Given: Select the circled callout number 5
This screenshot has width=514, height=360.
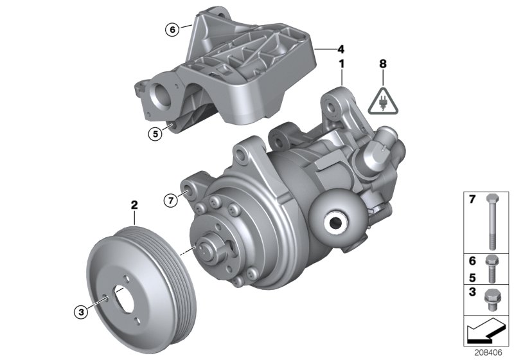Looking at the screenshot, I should pos(154,134).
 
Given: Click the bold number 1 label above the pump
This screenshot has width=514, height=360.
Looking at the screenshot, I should pos(342,64).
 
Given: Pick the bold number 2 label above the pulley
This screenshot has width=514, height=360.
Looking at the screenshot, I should pos(134,206).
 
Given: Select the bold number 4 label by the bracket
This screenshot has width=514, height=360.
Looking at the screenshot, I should pos(341,48).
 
